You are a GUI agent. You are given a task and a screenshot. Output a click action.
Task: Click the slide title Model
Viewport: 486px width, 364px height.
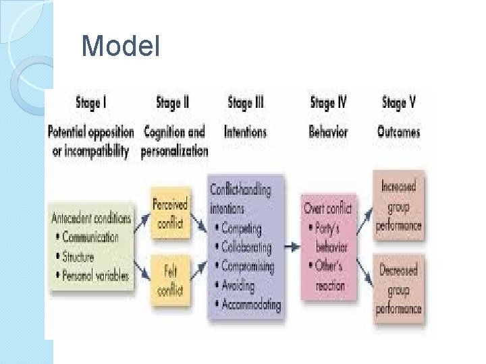(120, 47)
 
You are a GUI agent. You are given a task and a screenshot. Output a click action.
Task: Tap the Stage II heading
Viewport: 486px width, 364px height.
(172, 104)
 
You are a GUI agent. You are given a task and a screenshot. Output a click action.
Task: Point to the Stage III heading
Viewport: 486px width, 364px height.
(246, 104)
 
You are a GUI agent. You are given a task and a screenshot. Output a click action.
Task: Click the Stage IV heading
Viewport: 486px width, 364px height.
(328, 104)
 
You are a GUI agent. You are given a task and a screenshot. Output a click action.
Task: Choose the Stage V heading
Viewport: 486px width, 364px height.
(398, 104)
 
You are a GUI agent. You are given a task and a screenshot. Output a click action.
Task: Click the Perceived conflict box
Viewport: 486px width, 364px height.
(169, 213)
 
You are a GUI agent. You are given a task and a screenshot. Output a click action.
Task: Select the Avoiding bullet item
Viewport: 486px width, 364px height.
(242, 285)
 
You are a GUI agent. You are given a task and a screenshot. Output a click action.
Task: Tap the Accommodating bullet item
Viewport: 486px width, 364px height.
(250, 305)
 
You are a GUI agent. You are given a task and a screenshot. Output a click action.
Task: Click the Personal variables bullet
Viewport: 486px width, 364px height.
(95, 276)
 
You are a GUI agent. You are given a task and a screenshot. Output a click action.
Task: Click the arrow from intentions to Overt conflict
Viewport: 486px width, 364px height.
(292, 247)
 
